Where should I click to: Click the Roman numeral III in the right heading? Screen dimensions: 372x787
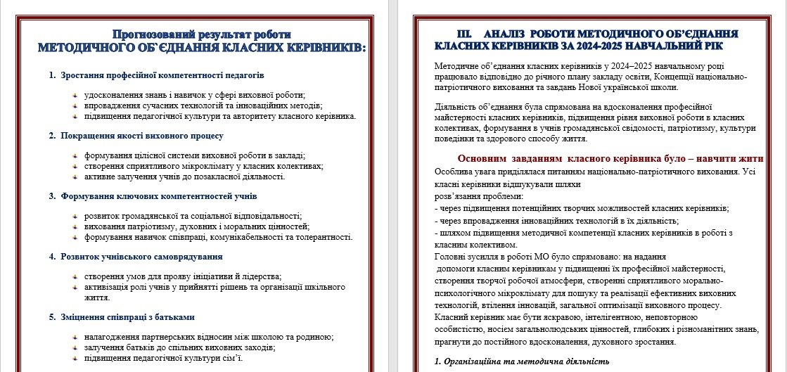pos(465,33)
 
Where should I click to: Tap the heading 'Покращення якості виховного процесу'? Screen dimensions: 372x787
pos(141,135)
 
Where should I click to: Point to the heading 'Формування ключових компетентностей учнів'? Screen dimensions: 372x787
pos(159,195)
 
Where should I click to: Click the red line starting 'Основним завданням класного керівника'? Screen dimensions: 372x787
pos(610,158)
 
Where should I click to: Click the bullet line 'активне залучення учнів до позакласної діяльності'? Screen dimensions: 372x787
pos(184,177)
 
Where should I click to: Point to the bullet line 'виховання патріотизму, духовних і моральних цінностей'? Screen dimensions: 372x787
pos(196,226)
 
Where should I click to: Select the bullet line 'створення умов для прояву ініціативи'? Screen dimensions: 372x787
pos(182,276)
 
